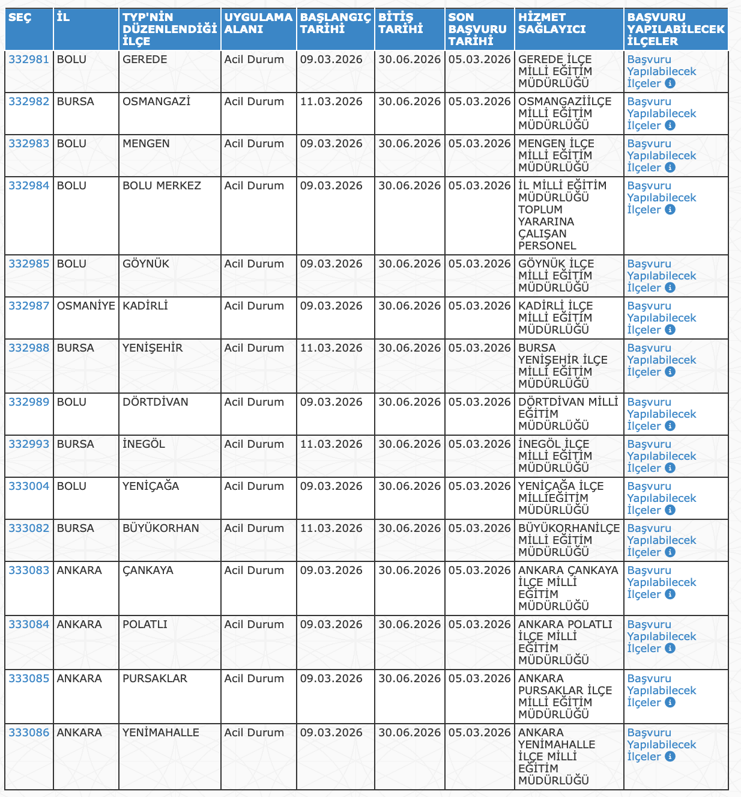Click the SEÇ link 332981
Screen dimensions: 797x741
[x=29, y=60]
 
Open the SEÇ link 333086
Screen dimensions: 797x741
[x=29, y=733]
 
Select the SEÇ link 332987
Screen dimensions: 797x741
[x=29, y=306]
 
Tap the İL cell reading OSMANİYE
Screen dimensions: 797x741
[x=86, y=306]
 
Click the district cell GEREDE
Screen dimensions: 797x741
[x=145, y=60]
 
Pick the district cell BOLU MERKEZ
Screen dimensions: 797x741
[x=162, y=186]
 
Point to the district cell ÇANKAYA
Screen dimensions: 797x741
[x=148, y=570]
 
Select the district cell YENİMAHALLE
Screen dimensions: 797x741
[x=160, y=733]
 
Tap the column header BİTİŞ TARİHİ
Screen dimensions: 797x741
[x=401, y=23]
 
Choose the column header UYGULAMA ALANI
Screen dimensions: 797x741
[x=258, y=23]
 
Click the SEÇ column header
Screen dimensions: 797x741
[x=20, y=17]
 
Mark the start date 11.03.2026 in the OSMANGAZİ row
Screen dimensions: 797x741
[x=331, y=102]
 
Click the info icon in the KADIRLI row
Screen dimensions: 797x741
[x=670, y=330]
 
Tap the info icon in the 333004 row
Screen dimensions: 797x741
[x=670, y=510]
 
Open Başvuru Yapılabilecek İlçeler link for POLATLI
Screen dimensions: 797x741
[x=661, y=636]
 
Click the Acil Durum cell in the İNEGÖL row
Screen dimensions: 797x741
[x=254, y=444]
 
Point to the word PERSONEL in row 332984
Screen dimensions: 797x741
[x=547, y=246]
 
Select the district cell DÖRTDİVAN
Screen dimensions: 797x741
[x=155, y=402]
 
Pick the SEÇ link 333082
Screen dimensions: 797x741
[x=29, y=528]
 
